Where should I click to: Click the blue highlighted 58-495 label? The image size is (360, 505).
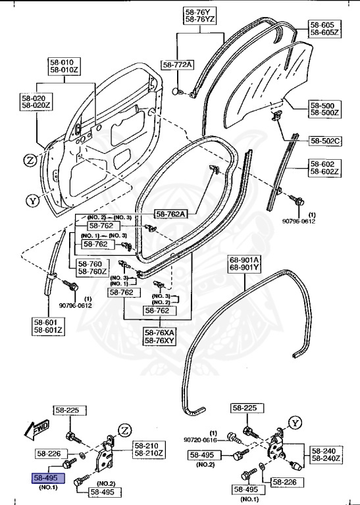point(44,477)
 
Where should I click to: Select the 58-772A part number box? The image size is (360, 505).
point(178,64)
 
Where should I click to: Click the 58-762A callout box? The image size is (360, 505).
point(171,214)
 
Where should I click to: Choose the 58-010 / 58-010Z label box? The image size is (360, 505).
point(63,66)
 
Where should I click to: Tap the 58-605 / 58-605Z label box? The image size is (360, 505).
point(324,28)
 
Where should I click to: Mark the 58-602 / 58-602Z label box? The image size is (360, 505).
point(324,168)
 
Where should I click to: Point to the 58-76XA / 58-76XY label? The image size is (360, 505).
point(161,337)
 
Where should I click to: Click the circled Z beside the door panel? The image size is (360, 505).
point(30,160)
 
